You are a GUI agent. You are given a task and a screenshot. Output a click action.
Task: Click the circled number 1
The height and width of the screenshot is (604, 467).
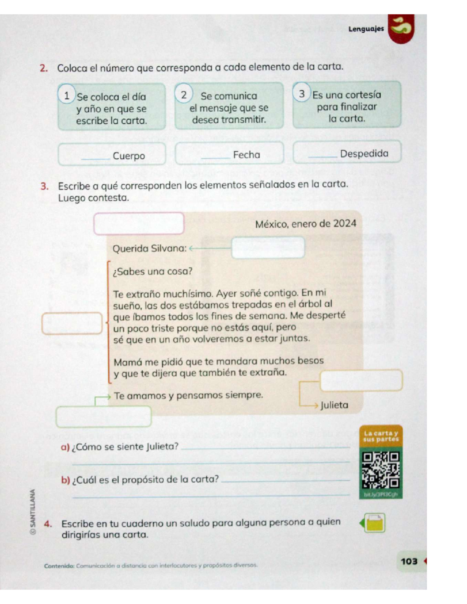[x=67, y=96]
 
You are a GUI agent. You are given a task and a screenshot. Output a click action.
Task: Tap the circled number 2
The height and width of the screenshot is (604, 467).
[x=184, y=95]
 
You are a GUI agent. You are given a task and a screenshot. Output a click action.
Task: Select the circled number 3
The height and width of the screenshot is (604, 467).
[x=302, y=93]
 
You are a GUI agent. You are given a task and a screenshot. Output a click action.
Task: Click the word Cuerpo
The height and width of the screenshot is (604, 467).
[x=129, y=156]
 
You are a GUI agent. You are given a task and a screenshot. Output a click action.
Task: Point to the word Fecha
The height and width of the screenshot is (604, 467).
[x=246, y=155]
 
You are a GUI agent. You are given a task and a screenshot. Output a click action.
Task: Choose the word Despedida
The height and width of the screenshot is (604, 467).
[x=364, y=154]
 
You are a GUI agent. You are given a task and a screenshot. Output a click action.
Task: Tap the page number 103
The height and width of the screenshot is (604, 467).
[x=409, y=561]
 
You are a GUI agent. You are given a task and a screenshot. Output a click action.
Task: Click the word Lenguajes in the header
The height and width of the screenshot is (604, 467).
[x=366, y=29]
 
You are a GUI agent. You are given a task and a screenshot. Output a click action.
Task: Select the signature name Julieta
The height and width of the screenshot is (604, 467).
[x=334, y=405]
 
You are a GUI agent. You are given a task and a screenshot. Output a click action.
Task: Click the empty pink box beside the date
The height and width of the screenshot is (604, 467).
[x=139, y=224]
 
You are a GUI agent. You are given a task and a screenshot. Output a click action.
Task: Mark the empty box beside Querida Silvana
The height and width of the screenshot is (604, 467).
[x=268, y=248]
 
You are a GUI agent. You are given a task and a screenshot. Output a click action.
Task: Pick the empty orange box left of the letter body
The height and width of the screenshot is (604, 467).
[x=72, y=323]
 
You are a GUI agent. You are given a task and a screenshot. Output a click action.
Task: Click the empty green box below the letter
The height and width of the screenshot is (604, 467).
[x=104, y=417]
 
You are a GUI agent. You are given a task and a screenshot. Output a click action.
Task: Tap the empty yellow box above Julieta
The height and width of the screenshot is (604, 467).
[x=361, y=380]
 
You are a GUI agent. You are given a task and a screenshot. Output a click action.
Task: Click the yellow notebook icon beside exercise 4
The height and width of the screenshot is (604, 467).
[x=374, y=523]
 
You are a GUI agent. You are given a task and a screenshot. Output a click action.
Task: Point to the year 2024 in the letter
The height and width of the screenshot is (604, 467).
[x=344, y=224]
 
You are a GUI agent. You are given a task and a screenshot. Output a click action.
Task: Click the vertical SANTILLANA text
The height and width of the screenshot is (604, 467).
[x=33, y=511]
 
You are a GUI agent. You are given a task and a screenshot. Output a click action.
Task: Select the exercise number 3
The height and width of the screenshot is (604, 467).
[x=44, y=186]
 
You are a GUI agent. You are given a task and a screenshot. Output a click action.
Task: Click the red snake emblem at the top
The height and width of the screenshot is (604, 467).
[x=401, y=28]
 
